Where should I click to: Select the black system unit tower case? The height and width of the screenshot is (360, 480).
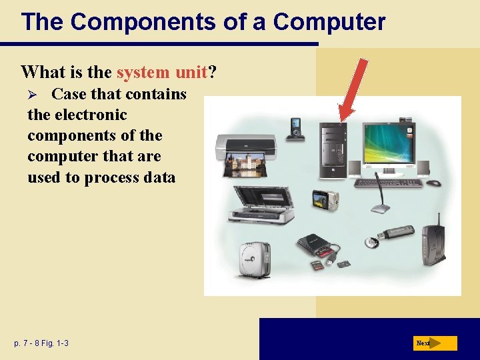tap(333, 149)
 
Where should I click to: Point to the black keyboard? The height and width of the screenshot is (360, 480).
tap(389, 182)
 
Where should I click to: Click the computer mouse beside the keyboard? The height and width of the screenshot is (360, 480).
tap(434, 183)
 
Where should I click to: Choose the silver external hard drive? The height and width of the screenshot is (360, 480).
tap(255, 260)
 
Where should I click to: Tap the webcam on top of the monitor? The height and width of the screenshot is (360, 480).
tap(405, 119)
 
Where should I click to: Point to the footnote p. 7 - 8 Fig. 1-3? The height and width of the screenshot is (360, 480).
tap(41, 343)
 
